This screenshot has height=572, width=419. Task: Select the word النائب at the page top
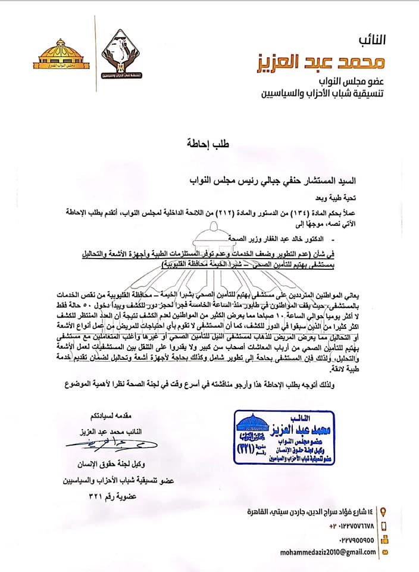coord(372,40)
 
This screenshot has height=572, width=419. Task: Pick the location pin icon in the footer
coord(383,512)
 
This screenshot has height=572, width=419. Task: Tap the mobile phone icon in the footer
coord(383,526)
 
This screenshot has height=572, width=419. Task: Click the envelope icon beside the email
coord(384,552)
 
